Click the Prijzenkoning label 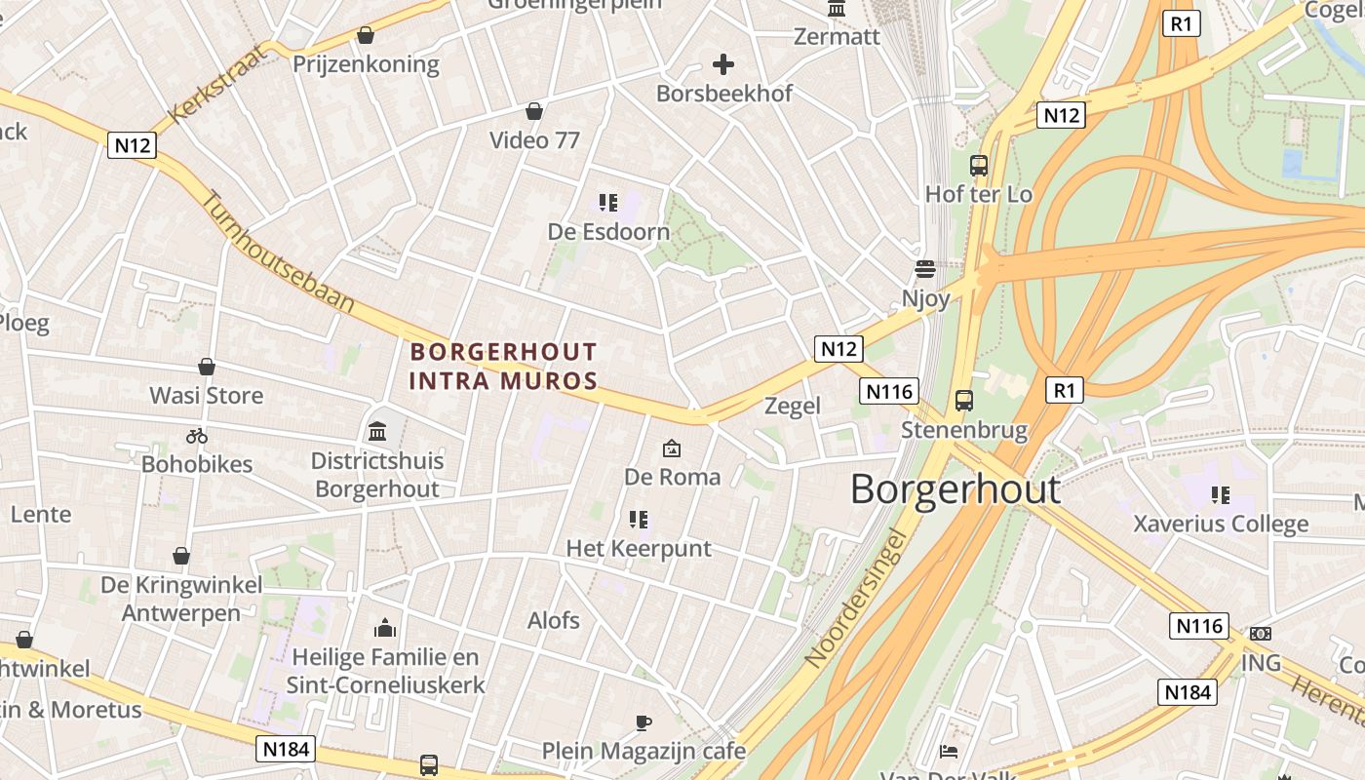(367, 64)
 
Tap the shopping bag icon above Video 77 (533, 111)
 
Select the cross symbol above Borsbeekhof (723, 65)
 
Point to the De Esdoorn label (608, 231)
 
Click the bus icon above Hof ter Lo (978, 166)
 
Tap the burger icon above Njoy (924, 268)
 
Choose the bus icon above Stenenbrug (963, 401)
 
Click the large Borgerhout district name (955, 487)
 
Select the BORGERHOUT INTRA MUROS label (503, 366)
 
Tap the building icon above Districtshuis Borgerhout (377, 431)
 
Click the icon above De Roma (672, 448)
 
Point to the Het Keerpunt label (639, 548)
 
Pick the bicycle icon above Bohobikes (197, 436)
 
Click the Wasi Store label (206, 395)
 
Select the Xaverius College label (1221, 524)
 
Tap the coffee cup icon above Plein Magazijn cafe (643, 722)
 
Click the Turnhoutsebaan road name (278, 252)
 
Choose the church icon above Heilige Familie (385, 628)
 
